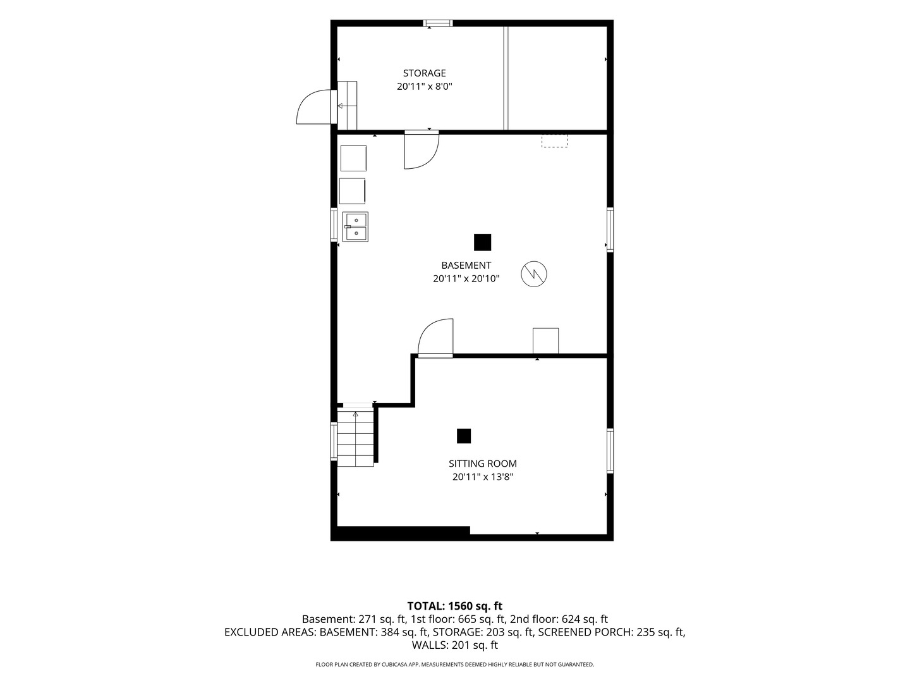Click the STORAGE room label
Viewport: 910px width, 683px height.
point(424,73)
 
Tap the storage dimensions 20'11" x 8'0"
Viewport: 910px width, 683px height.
point(424,87)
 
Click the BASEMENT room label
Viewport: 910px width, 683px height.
point(466,266)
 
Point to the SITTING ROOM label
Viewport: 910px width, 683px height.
point(483,464)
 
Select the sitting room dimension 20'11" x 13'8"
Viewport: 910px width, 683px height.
point(483,477)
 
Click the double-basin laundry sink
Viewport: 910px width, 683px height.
point(355,227)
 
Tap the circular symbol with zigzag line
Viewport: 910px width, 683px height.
point(534,274)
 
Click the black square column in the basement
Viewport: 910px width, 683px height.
point(483,243)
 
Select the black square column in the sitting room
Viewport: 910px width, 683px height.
point(464,436)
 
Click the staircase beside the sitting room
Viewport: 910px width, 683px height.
point(355,438)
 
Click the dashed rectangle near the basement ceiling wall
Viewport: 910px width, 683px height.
point(554,140)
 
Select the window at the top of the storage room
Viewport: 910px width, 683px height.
point(438,23)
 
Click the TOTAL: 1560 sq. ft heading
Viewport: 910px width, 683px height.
point(455,606)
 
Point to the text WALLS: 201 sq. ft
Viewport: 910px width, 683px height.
point(455,645)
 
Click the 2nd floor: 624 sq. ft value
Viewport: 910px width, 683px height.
point(559,620)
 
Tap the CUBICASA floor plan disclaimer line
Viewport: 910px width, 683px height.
point(455,665)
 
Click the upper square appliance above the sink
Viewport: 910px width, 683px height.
point(353,158)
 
